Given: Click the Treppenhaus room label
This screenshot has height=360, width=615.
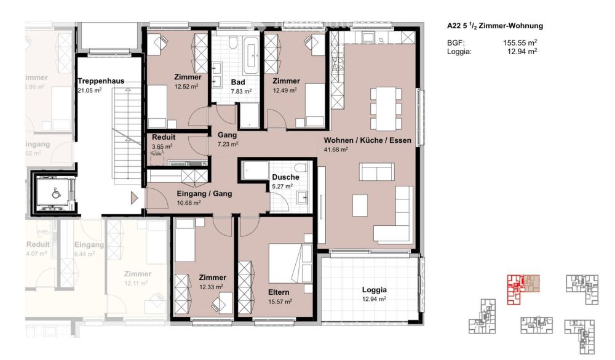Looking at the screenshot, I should pyautogui.click(x=101, y=81).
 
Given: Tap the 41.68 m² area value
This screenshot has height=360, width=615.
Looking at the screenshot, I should pyautogui.click(x=336, y=149).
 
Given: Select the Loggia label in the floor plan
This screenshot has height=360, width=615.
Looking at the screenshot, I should pyautogui.click(x=374, y=290).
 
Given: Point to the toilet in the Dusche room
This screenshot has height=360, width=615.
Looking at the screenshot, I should pyautogui.click(x=300, y=169).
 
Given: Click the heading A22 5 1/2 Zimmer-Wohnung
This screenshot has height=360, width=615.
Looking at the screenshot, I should pyautogui.click(x=494, y=26).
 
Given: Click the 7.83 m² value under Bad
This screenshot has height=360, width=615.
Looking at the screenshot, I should pyautogui.click(x=241, y=91).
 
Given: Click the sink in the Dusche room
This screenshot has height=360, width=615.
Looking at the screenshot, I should pyautogui.click(x=301, y=197).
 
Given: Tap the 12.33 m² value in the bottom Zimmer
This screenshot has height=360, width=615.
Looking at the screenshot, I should pyautogui.click(x=210, y=287).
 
